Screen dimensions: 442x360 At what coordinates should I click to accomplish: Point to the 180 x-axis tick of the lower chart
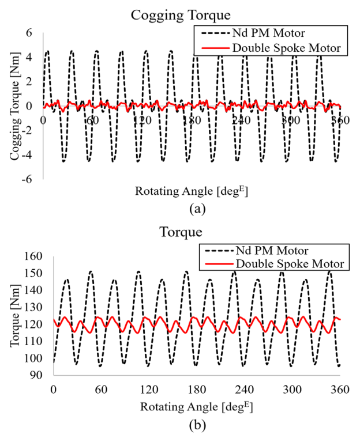pos(196,388)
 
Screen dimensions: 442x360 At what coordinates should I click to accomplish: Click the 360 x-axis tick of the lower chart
pos(340,388)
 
